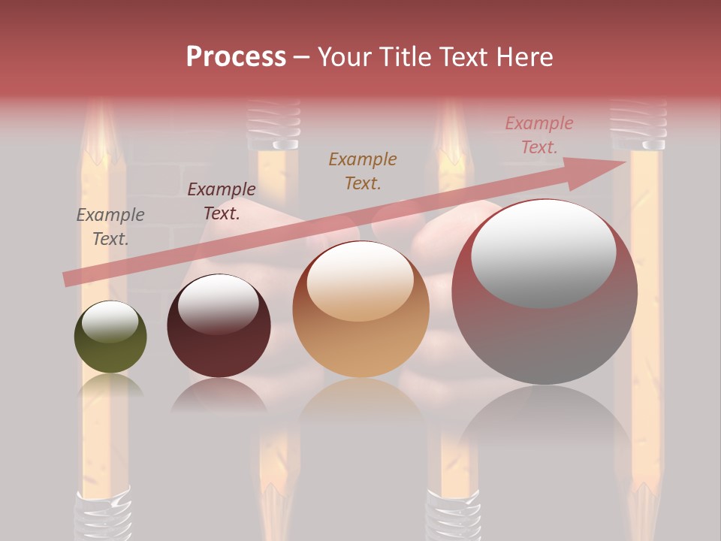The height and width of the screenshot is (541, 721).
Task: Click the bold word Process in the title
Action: coord(236,57)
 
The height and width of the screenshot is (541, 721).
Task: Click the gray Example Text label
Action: coord(110,227)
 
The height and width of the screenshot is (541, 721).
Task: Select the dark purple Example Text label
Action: coord(221,201)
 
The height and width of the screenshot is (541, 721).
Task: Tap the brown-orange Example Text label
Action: coord(363,171)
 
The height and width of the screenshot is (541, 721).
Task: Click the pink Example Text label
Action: coord(539,134)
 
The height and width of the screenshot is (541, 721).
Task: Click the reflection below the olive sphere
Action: coord(110,386)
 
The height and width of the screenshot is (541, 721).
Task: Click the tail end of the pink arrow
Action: coord(68,279)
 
